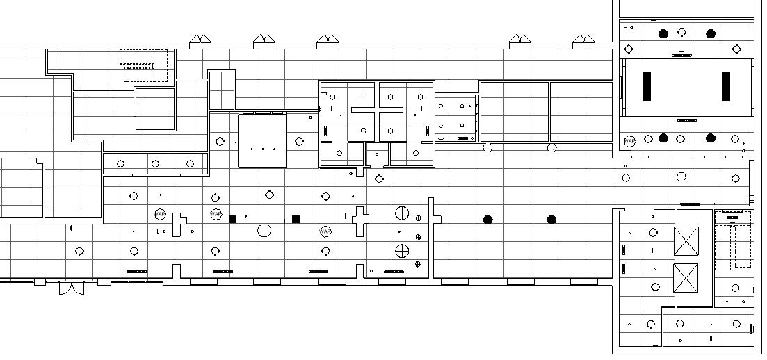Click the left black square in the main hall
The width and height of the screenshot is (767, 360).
tap(232, 219)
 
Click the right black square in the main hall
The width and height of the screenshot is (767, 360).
tap(296, 219)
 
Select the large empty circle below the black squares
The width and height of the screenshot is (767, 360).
tap(264, 230)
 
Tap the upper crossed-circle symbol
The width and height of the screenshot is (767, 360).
tap(402, 213)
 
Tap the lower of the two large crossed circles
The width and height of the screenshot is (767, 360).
tap(402, 250)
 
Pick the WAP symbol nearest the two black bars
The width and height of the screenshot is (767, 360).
tap(629, 141)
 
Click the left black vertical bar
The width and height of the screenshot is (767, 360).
tap(647, 86)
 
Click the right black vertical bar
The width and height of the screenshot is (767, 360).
tap(727, 86)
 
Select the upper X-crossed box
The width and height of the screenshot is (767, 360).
tap(686, 241)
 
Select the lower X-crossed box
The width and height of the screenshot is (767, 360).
tap(686, 278)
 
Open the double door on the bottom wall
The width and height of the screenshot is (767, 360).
tap(71, 288)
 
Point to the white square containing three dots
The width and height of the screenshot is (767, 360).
tap(262, 140)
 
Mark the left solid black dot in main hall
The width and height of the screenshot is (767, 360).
tap(487, 220)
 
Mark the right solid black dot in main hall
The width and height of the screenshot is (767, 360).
tap(551, 220)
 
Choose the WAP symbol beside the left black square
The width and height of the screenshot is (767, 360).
tap(216, 214)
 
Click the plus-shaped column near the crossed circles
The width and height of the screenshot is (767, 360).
tap(360, 220)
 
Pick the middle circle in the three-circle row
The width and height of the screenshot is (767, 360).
tap(155, 164)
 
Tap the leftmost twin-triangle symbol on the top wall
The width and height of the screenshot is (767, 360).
tap(200, 41)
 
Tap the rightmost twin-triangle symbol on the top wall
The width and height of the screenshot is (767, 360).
tap(583, 41)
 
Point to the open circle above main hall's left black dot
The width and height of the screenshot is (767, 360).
tap(487, 147)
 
